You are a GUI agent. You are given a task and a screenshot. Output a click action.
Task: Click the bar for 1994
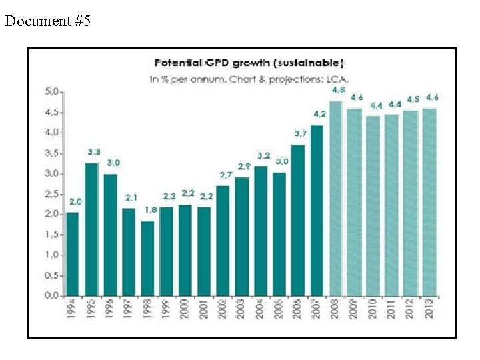click(72, 254)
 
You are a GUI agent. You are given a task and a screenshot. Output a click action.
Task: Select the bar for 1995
click(91, 229)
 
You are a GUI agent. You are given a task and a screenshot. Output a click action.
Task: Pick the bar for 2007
click(317, 210)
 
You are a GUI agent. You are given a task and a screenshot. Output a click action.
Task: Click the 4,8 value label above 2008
click(338, 89)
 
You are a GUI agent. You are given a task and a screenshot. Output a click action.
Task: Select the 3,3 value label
click(93, 152)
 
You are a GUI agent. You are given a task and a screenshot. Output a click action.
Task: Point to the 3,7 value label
click(301, 133)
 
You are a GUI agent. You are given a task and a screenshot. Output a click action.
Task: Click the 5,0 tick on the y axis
click(52, 91)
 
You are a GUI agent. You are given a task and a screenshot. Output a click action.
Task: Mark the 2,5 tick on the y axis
click(52, 193)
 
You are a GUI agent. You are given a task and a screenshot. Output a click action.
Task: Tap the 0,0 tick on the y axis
click(52, 295)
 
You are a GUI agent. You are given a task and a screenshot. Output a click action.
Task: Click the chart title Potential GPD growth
click(249, 63)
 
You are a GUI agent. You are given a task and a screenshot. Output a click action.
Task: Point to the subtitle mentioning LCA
click(249, 78)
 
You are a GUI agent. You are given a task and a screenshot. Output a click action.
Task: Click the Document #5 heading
click(47, 21)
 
